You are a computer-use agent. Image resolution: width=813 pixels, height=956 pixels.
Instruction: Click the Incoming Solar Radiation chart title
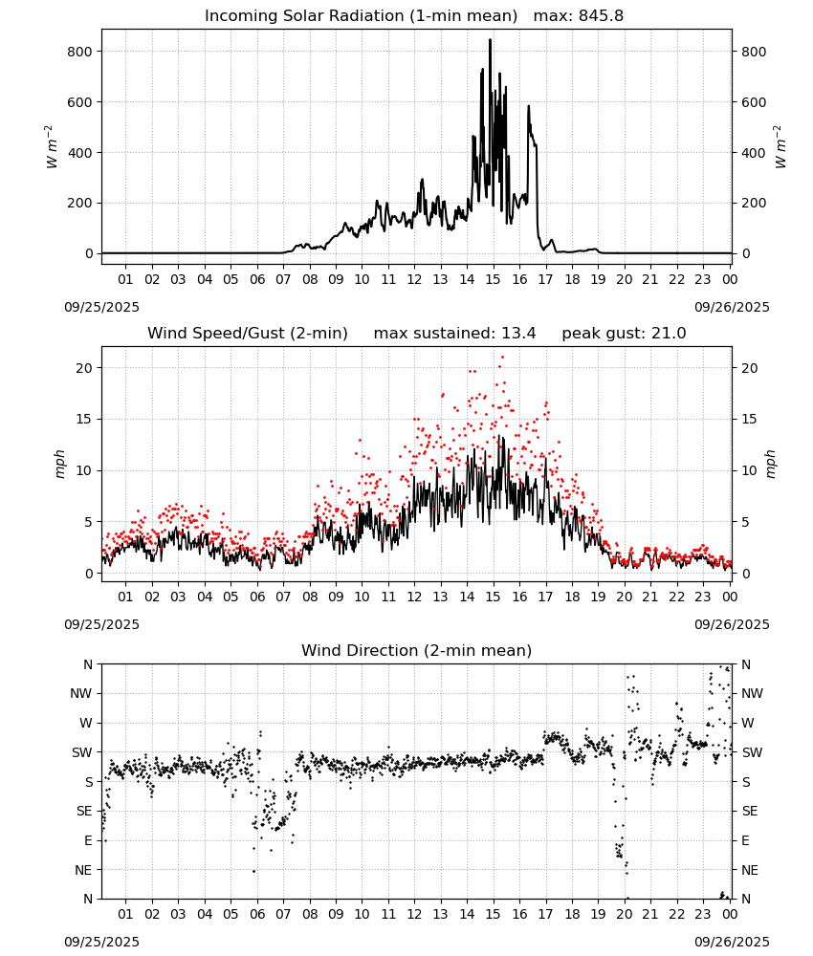click(x=361, y=16)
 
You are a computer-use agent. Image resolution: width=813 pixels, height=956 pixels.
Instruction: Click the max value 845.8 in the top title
click(x=601, y=16)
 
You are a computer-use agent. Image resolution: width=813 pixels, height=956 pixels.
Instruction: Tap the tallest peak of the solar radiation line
click(x=490, y=40)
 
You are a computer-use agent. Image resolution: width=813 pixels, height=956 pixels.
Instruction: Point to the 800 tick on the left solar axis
click(x=80, y=52)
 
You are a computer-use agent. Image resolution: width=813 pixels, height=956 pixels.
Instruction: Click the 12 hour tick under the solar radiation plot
click(x=414, y=279)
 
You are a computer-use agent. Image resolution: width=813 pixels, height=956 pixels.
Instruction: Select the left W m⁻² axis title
click(x=52, y=147)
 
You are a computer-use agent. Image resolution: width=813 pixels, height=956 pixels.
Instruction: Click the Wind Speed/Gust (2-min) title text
click(x=248, y=334)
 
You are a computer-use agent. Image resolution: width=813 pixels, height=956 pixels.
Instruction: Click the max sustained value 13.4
click(x=518, y=334)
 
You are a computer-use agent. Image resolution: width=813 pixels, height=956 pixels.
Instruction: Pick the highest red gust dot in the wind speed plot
click(x=502, y=358)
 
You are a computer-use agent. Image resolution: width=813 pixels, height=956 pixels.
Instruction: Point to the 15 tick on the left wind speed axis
click(x=85, y=419)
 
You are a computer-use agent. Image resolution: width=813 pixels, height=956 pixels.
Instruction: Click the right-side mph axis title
click(x=770, y=464)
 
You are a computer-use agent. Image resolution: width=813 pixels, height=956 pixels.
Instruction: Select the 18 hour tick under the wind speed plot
click(x=572, y=597)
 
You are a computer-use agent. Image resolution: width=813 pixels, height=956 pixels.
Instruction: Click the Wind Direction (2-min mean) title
click(x=417, y=650)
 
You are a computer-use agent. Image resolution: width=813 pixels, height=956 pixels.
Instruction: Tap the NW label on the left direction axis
click(x=81, y=694)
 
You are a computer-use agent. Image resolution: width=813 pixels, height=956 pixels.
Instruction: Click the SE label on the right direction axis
click(x=750, y=812)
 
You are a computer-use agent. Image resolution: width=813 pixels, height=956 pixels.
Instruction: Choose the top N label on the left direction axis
click(x=88, y=664)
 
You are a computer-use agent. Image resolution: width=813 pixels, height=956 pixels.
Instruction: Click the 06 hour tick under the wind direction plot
click(x=256, y=914)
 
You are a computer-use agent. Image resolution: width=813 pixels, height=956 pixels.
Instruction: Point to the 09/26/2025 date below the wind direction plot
click(x=732, y=942)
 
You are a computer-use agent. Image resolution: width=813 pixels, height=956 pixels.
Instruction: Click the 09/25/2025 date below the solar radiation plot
click(x=101, y=307)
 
